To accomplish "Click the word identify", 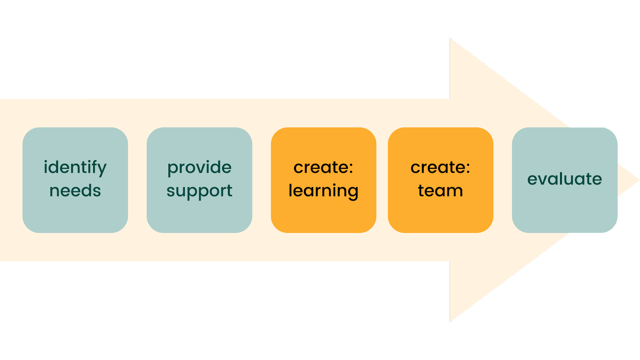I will tap(75, 167).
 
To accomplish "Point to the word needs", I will tap(75, 191).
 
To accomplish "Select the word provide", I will tap(199, 168).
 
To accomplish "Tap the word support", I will tap(199, 191).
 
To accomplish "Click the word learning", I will tap(323, 191).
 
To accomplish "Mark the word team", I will tap(440, 191).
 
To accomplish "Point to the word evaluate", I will tap(564, 179).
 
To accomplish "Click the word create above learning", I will tap(320, 168).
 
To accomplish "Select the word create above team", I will tap(437, 168).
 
